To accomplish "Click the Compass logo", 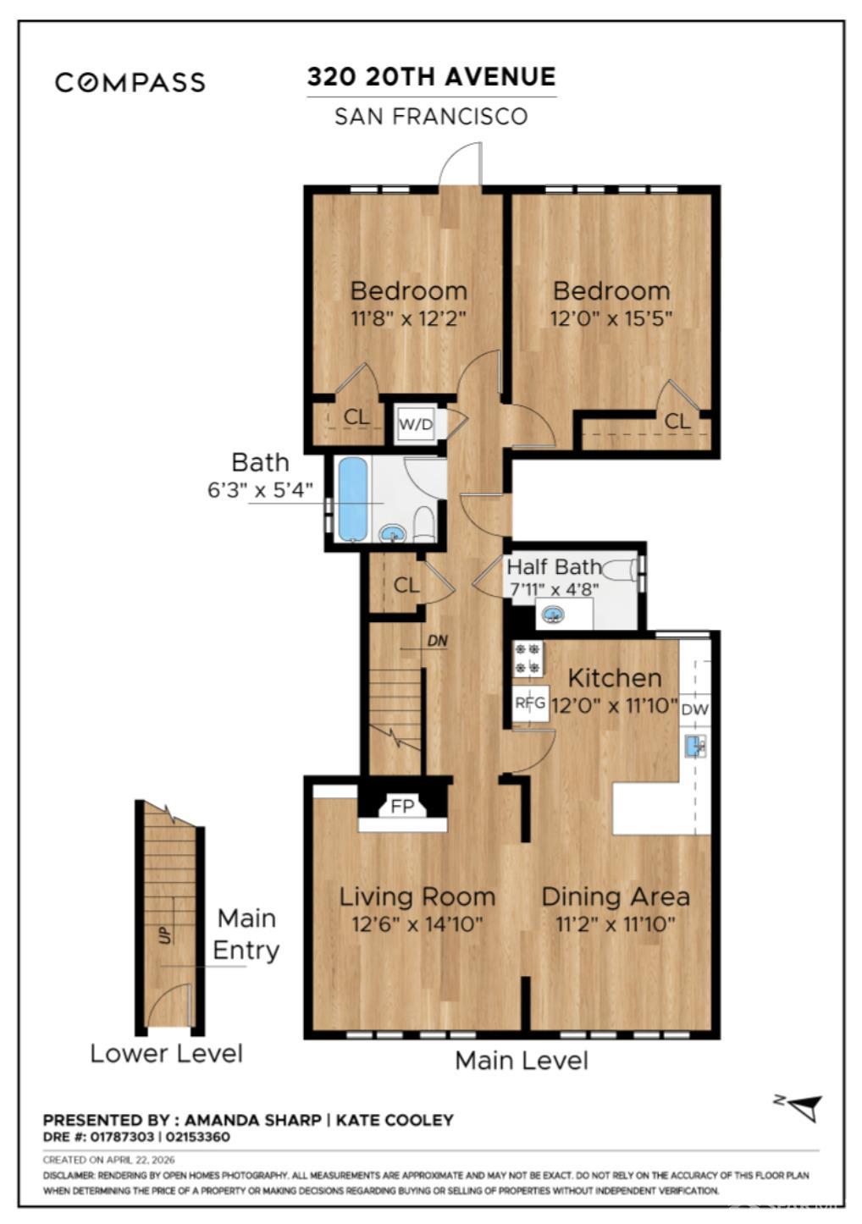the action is (130, 82).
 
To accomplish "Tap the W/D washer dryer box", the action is (416, 423).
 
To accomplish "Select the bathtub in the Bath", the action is (352, 499).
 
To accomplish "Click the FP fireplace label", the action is (402, 807).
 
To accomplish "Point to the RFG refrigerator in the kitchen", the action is (530, 703).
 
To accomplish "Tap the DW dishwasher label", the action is (694, 710).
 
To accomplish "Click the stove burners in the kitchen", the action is (528, 659).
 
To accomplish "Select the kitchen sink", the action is (695, 746).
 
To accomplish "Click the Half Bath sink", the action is (554, 616).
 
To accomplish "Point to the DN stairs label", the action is (437, 641).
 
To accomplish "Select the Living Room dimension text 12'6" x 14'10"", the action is (417, 924).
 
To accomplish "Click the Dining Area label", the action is (616, 896).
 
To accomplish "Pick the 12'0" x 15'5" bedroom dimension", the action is (611, 317).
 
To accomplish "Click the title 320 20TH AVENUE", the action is (432, 76).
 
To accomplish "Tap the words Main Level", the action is (522, 1061).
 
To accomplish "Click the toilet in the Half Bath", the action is (620, 569).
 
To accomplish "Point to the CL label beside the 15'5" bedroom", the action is (677, 421).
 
